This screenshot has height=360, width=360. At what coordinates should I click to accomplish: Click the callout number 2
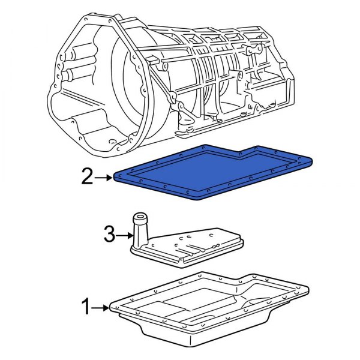click(88, 177)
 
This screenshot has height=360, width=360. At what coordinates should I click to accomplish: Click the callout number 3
click(109, 236)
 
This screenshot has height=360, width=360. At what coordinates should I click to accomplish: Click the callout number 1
click(88, 308)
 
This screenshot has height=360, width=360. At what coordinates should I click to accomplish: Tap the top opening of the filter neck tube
click(140, 217)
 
